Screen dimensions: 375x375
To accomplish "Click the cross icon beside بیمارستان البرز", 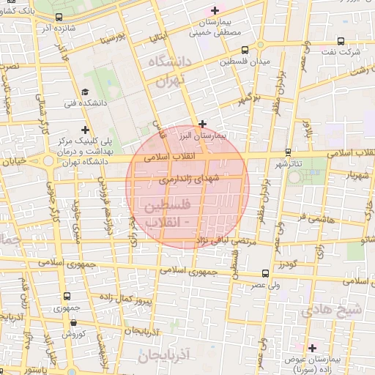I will point(203,124).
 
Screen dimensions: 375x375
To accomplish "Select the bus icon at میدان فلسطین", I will point(244,50).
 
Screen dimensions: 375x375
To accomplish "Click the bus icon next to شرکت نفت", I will point(341,42).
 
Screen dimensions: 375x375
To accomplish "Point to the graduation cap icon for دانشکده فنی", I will point(85,92).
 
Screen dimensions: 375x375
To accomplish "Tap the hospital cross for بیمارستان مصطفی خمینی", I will point(215,10).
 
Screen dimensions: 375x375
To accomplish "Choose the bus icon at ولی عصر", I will point(264,273).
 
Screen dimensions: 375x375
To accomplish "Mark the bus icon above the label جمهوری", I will point(67,297).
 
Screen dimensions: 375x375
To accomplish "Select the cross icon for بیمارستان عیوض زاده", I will point(312,348).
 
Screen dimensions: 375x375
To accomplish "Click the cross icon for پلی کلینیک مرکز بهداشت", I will point(85,130).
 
